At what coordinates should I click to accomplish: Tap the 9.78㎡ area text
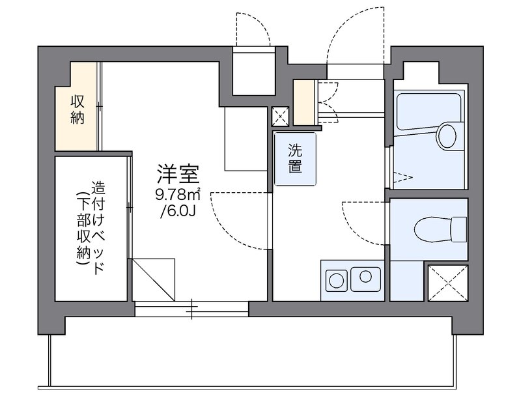click(177, 193)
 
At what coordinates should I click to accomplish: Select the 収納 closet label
click(78, 109)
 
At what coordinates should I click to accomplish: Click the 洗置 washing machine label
click(294, 158)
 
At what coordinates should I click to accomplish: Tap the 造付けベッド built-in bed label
click(92, 227)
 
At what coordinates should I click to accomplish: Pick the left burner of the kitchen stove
click(336, 281)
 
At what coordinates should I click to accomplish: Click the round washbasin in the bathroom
click(447, 135)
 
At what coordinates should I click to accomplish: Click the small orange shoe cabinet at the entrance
click(303, 102)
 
